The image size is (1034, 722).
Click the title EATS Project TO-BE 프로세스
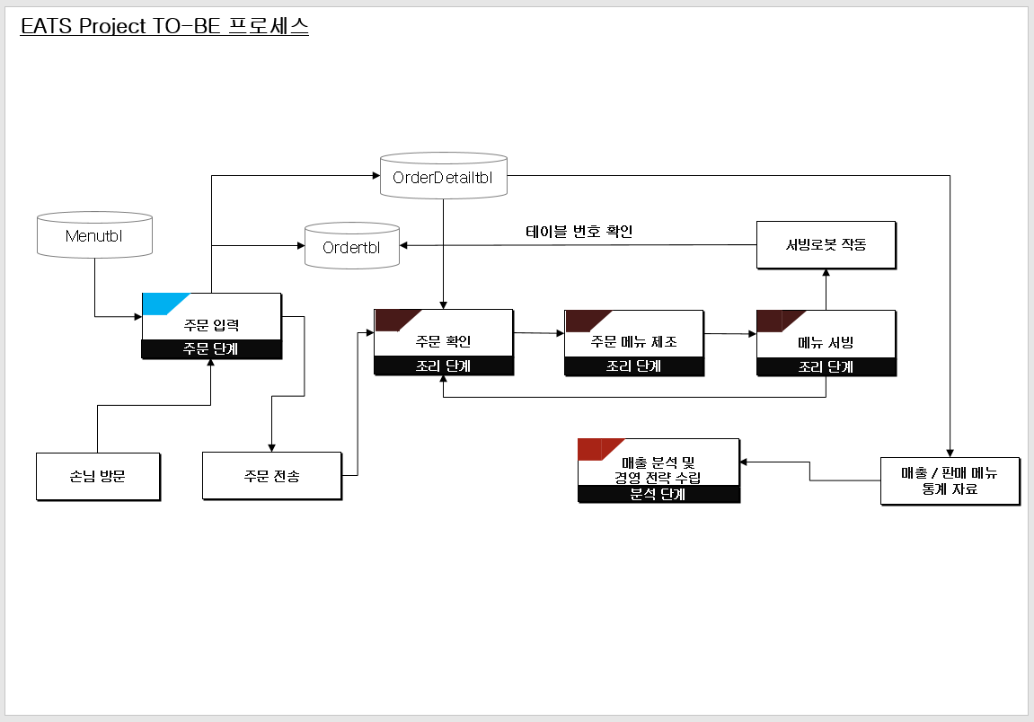click(x=164, y=26)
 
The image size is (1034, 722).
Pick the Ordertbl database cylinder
click(x=351, y=246)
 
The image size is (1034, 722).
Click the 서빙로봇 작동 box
click(x=826, y=244)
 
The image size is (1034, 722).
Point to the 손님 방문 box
click(x=98, y=476)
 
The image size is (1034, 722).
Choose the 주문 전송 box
click(x=271, y=476)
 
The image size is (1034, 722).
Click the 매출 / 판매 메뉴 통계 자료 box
click(x=950, y=480)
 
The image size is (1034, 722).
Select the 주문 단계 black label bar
click(x=211, y=349)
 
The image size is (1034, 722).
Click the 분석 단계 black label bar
click(x=658, y=494)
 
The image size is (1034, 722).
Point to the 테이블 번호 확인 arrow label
click(x=579, y=232)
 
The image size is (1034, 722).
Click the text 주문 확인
click(x=444, y=341)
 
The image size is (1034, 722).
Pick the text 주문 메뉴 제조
click(x=634, y=341)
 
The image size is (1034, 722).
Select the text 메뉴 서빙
click(x=826, y=342)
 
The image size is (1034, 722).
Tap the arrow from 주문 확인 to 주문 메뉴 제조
click(x=539, y=334)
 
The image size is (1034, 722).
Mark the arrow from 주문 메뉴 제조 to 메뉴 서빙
click(x=730, y=334)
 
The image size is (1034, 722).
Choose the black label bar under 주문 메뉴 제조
click(x=634, y=366)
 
